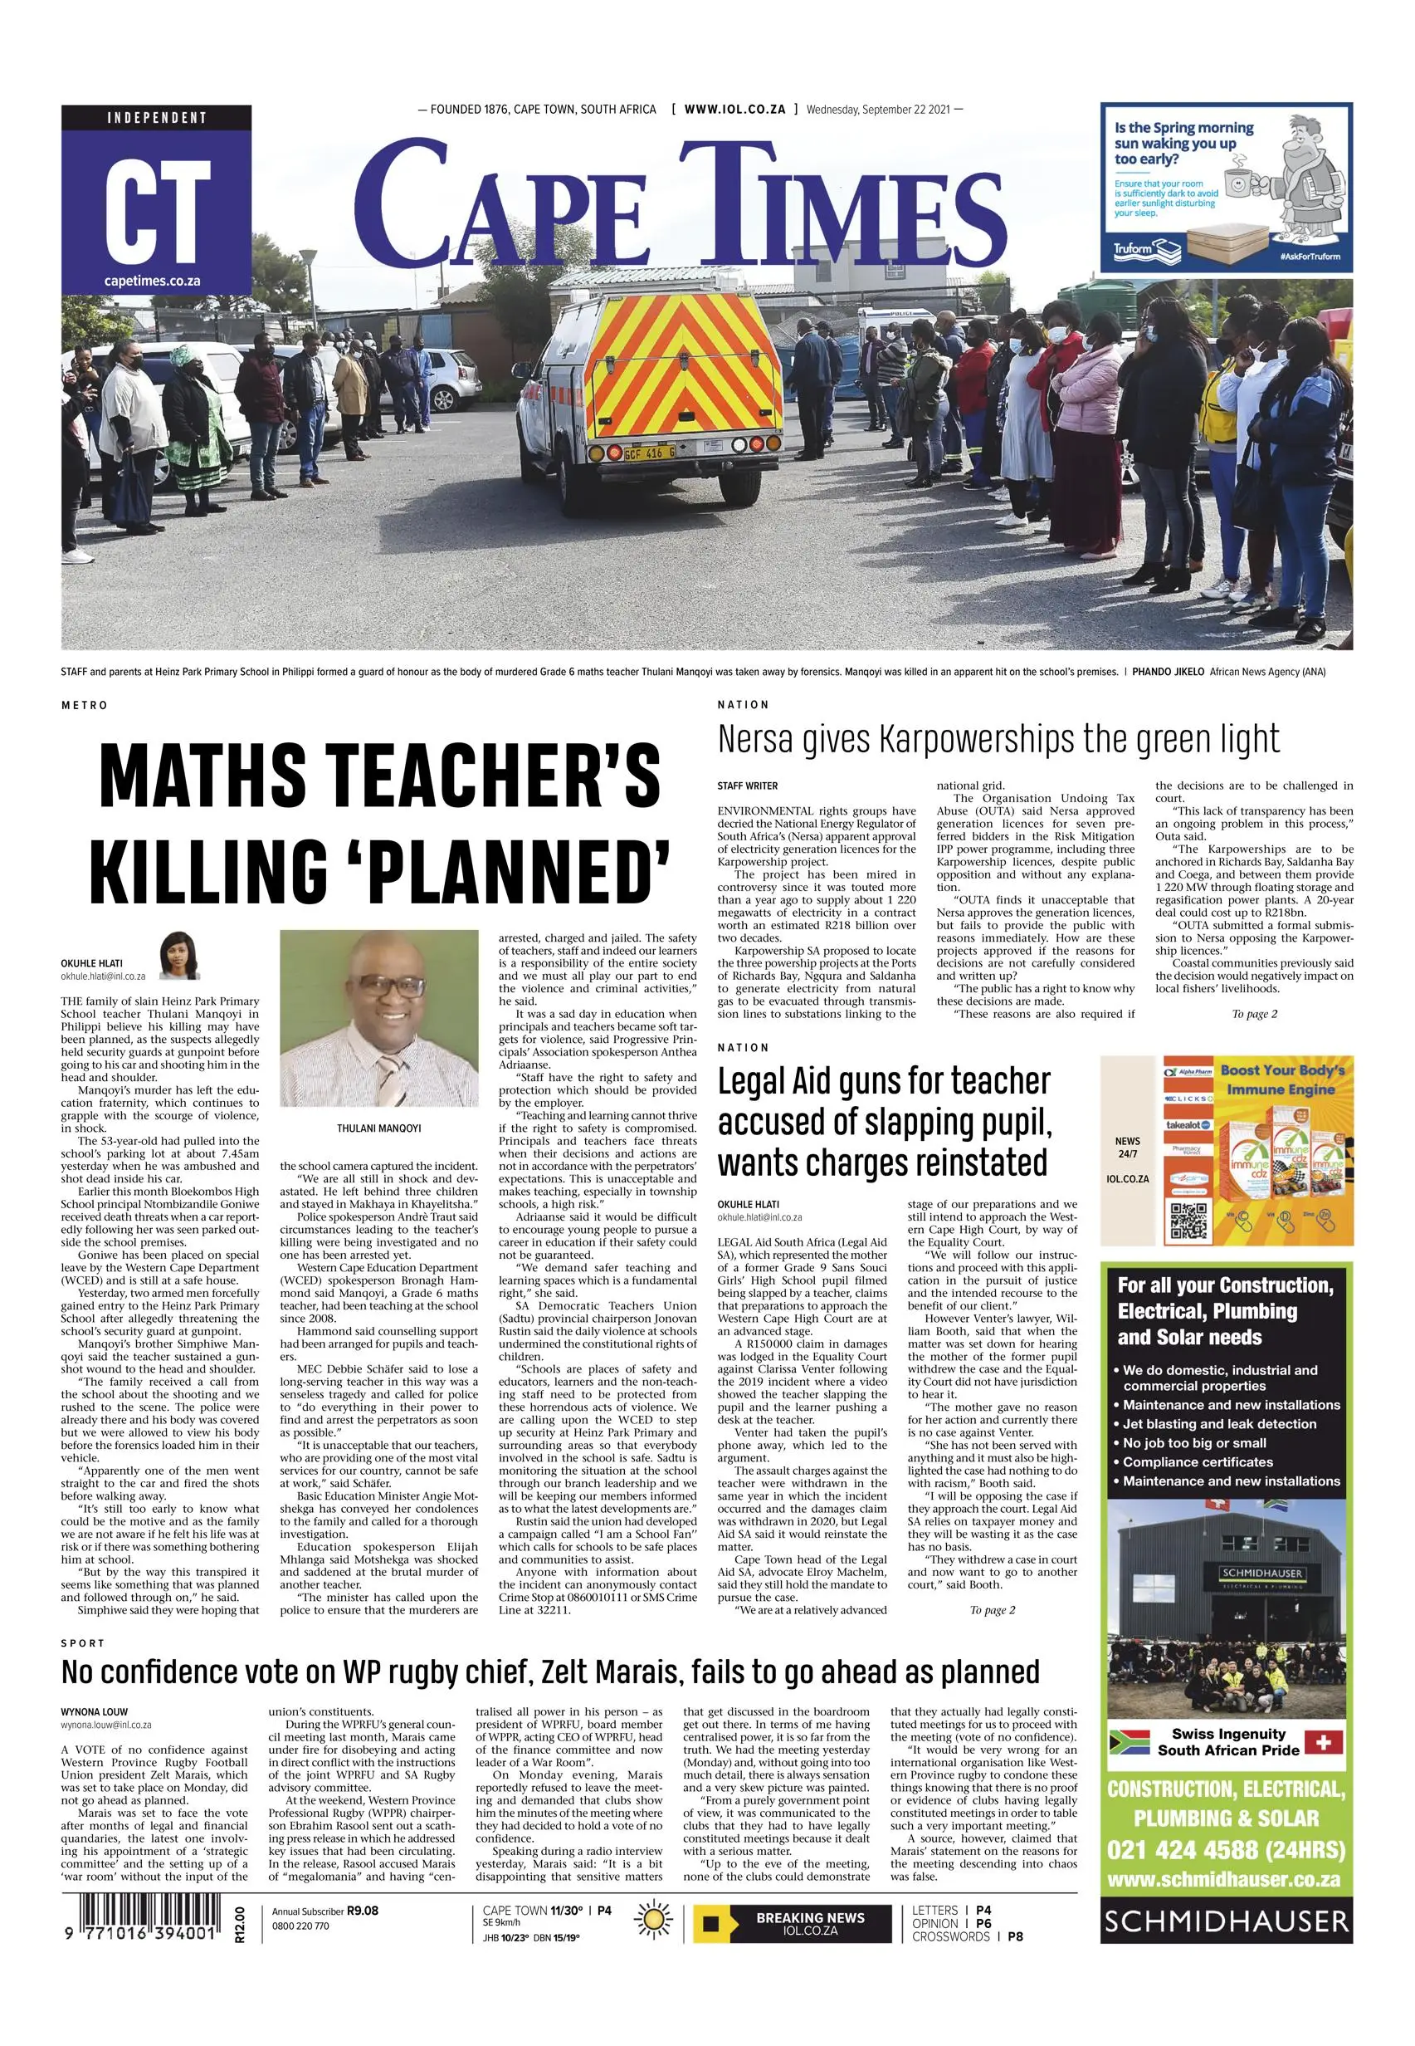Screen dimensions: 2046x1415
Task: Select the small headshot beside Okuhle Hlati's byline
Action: pyautogui.click(x=179, y=955)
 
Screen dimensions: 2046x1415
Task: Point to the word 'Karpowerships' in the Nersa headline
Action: pyautogui.click(x=991, y=739)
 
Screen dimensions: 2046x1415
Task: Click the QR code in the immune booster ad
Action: pyautogui.click(x=1188, y=1221)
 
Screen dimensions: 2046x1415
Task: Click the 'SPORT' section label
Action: pyautogui.click(x=82, y=1643)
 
